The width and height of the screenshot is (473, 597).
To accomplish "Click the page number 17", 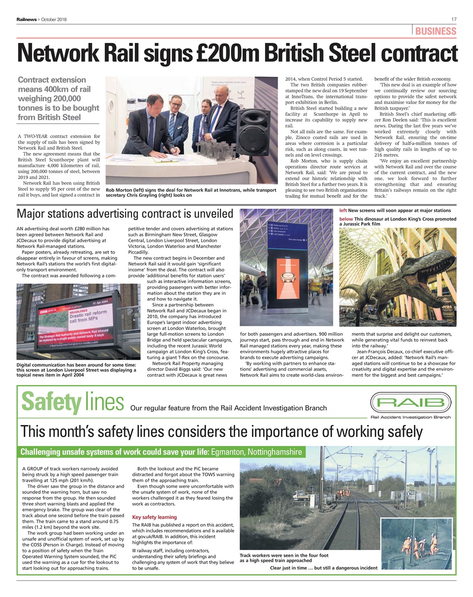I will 453,19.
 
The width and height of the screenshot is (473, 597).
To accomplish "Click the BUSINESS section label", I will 435,31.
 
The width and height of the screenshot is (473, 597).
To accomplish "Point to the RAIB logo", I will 410,403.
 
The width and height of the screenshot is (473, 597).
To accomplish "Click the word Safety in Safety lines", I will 51,402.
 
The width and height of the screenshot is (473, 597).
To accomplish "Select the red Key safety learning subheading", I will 154,517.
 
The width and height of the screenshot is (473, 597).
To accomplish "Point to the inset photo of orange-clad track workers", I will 416,543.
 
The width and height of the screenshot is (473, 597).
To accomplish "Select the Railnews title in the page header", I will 27,19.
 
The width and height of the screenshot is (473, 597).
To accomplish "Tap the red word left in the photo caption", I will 343,210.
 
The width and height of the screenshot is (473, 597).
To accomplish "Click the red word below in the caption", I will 346,219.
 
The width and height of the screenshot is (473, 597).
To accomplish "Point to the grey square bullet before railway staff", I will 134,551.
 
